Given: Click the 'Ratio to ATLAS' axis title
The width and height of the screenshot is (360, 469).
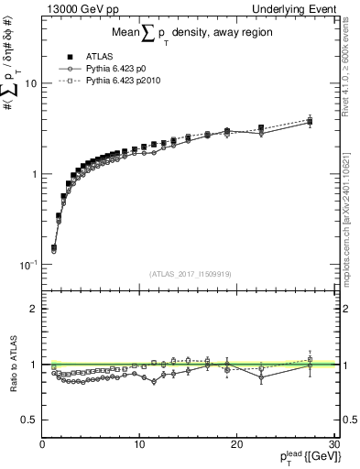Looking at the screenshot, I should point(12,364).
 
